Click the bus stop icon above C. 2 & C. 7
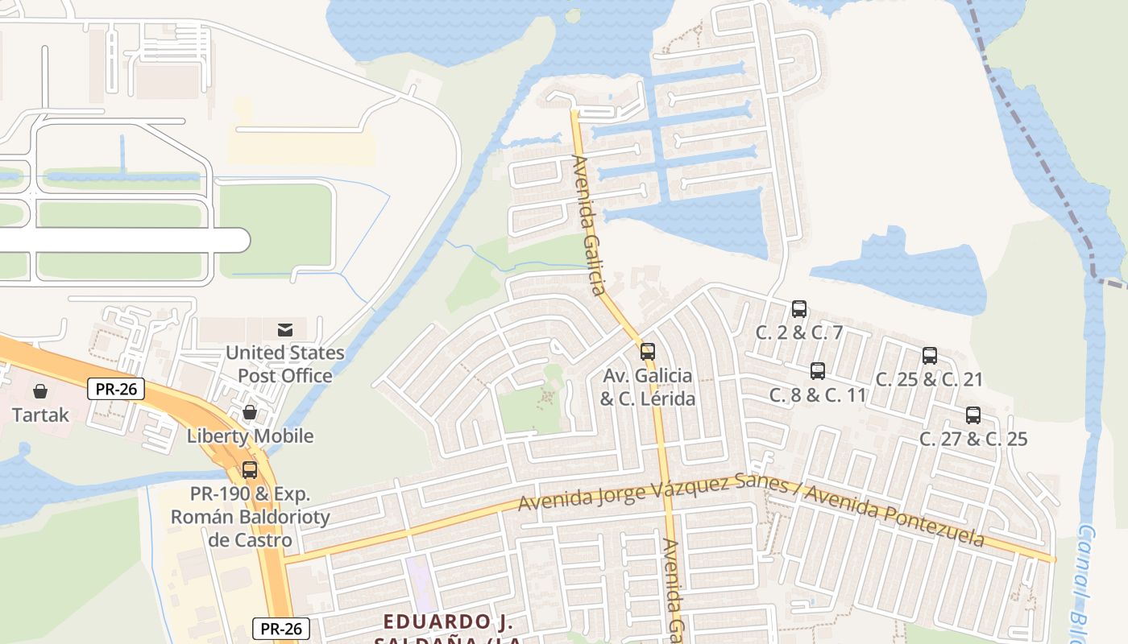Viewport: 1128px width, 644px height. pos(798,308)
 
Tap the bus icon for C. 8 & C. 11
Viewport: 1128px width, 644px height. pos(817,371)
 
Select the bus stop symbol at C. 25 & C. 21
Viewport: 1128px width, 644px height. pos(929,356)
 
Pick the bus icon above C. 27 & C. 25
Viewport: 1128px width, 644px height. pos(972,415)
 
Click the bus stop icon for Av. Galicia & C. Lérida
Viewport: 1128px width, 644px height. pos(647,352)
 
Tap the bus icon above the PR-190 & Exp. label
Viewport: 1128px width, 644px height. pos(250,470)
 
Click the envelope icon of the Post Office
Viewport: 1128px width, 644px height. pos(285,329)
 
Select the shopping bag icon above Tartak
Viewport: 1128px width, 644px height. pos(40,392)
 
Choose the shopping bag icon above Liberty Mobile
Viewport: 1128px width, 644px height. pos(250,413)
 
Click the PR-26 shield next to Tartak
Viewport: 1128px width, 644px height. pos(116,390)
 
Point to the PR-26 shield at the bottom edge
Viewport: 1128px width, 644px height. pos(281,629)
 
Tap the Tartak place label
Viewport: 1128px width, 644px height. pos(40,415)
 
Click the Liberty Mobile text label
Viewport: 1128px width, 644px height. pos(250,436)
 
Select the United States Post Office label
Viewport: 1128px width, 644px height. pos(284,364)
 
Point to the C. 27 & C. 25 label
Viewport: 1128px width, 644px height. pos(973,440)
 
